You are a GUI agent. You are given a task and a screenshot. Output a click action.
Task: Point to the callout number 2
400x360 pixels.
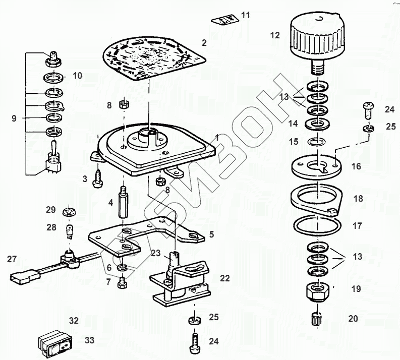click(204, 43)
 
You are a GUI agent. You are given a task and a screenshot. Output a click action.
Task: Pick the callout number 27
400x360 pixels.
click(12, 259)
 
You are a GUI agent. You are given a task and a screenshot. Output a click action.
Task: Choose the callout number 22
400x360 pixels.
click(224, 278)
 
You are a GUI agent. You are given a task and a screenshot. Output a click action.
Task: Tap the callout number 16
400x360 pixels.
click(356, 166)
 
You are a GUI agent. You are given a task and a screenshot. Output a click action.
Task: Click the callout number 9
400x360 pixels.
click(14, 118)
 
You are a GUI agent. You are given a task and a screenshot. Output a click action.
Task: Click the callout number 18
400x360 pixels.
click(358, 199)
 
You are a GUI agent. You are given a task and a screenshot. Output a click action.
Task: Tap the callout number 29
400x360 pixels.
click(50, 209)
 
